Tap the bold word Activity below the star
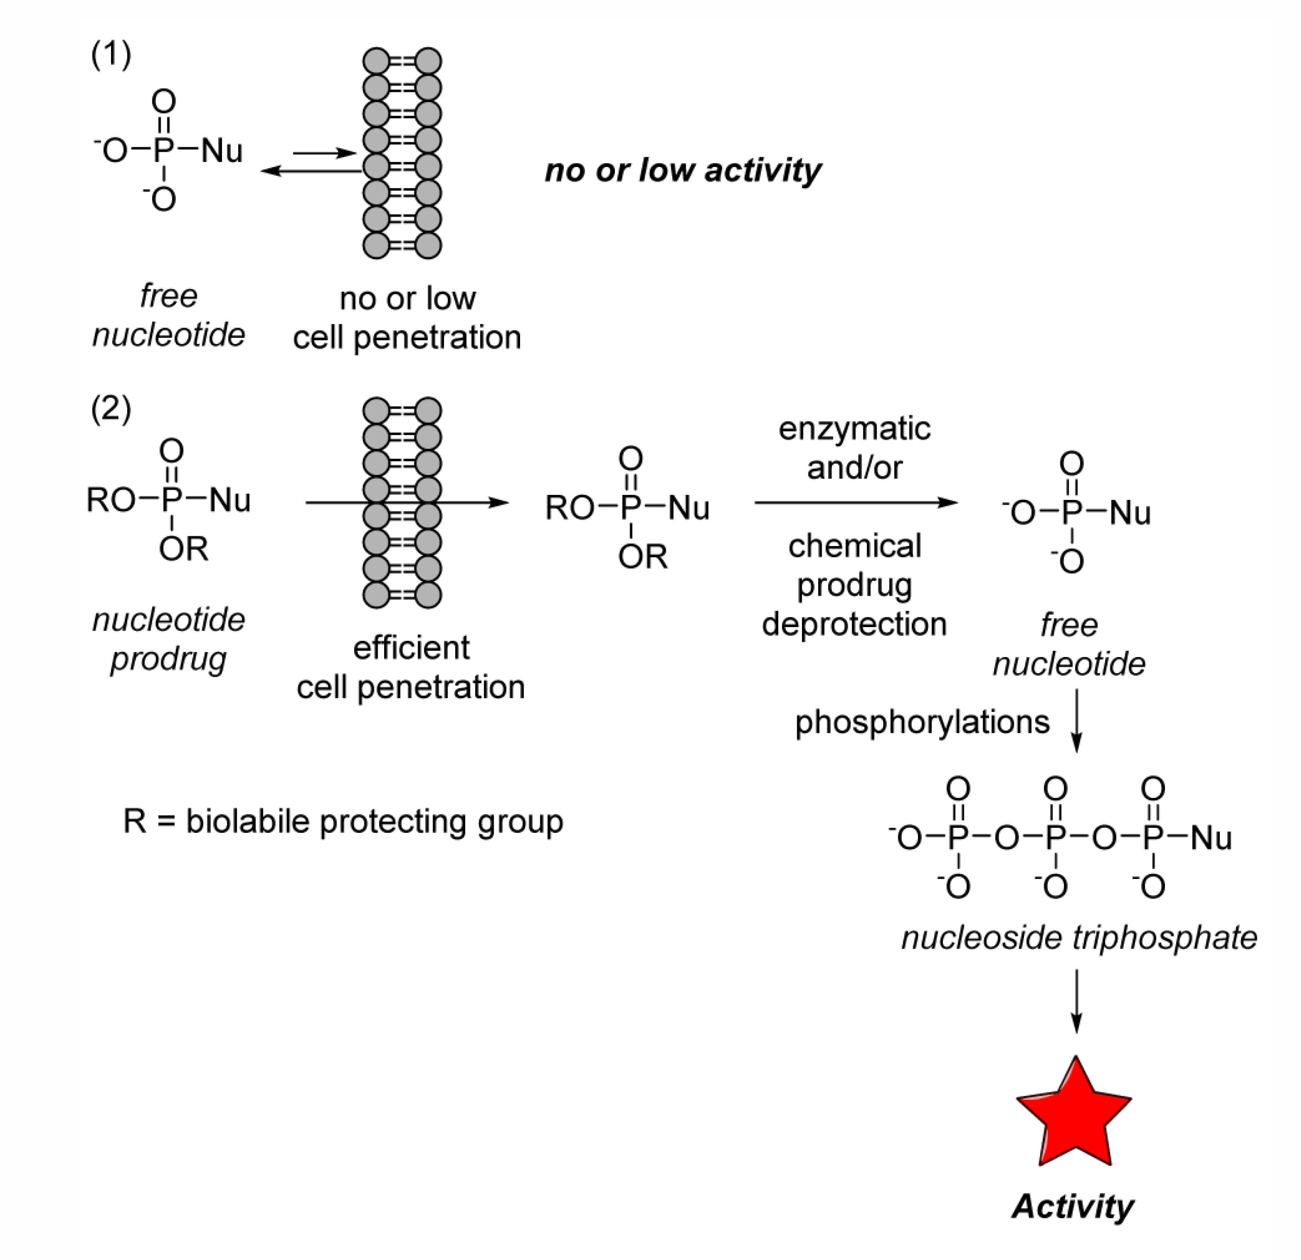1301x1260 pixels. (x=1073, y=1206)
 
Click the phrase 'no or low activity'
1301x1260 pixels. (x=683, y=170)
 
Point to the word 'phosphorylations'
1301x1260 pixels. (x=922, y=722)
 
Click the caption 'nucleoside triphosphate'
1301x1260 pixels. (x=1079, y=937)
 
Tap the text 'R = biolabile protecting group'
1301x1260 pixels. (x=343, y=822)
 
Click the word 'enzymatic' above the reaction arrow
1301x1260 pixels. (x=854, y=429)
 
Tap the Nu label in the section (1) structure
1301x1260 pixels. (x=221, y=151)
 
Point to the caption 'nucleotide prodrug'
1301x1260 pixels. (x=168, y=639)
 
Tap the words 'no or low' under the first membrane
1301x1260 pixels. (x=408, y=299)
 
